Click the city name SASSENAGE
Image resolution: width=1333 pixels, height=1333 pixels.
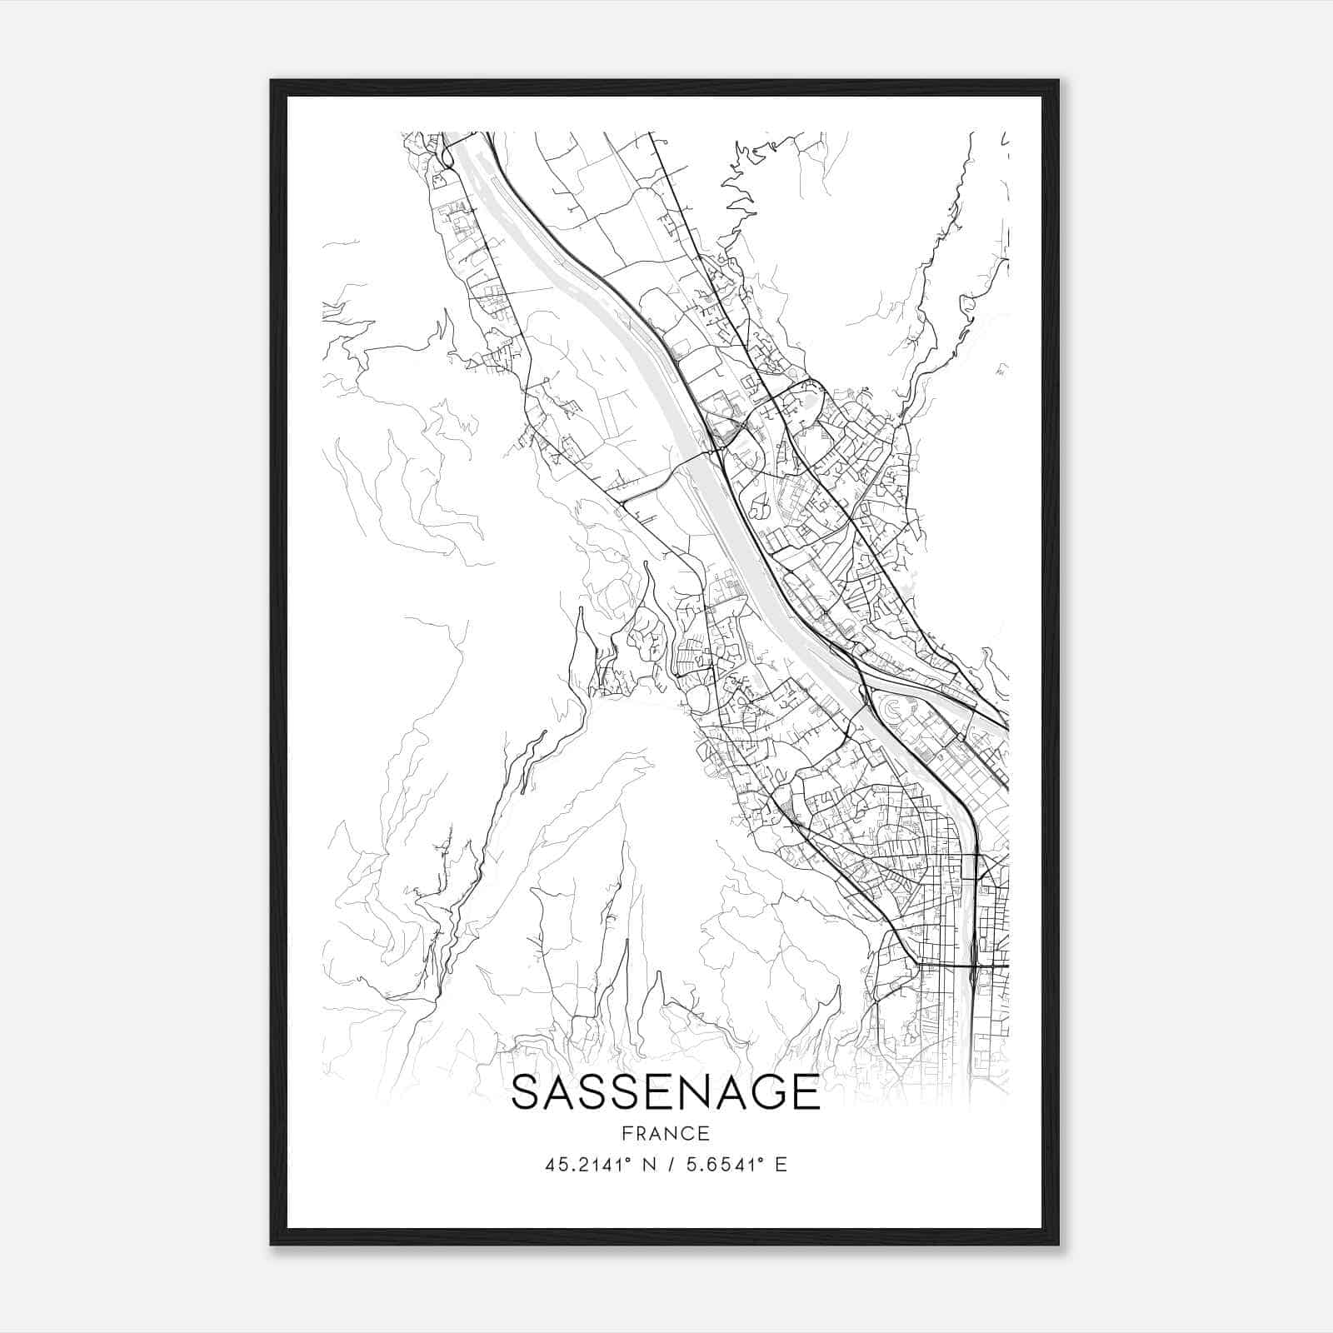coord(666,1092)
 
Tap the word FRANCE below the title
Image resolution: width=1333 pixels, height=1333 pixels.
coord(666,1133)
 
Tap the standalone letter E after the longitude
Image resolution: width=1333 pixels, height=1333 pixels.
coord(781,1165)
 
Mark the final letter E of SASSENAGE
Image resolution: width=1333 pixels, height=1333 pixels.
coord(805,1092)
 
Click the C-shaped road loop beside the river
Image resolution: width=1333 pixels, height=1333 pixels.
coord(891,709)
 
